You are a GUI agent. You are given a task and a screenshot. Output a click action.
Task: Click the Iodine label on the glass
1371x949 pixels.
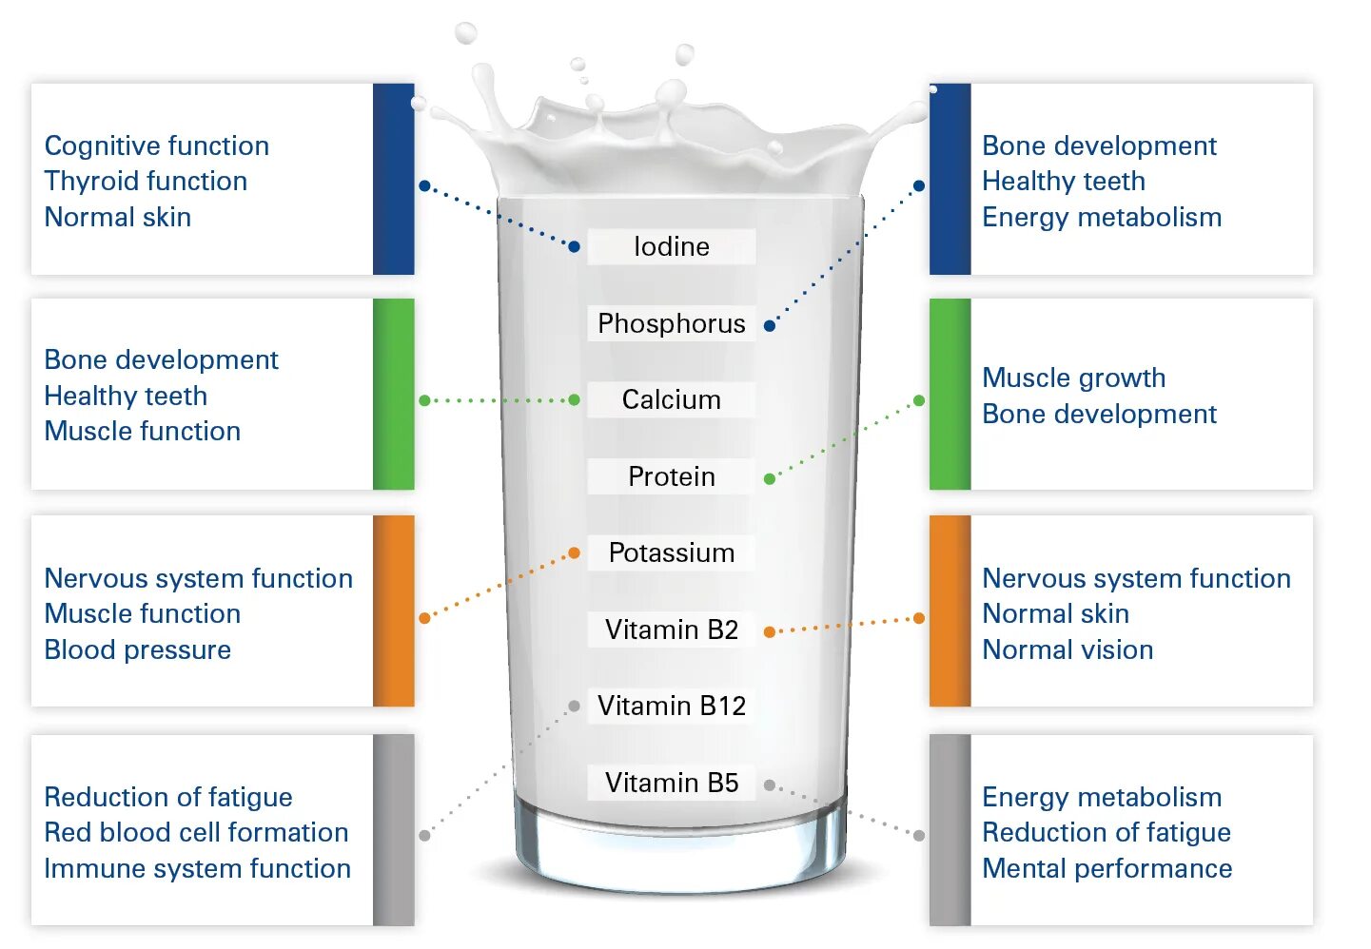click(671, 246)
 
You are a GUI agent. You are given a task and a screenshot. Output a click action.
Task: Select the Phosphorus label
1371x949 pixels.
click(671, 323)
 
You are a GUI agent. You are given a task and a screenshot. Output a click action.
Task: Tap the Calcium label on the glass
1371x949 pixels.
click(671, 399)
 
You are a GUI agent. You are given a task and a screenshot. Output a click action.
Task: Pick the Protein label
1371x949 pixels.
click(671, 476)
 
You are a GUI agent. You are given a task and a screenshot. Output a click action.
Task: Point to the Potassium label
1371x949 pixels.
click(671, 552)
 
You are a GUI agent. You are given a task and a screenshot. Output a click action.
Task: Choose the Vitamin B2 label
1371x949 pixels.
click(671, 629)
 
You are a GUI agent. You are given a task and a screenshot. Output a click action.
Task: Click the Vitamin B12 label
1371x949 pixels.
click(671, 706)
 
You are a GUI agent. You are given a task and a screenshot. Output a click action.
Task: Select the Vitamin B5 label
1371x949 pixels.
click(671, 783)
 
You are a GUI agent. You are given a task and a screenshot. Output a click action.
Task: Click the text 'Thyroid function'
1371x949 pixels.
click(146, 181)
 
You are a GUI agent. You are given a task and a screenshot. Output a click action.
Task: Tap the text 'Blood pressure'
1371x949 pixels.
click(137, 649)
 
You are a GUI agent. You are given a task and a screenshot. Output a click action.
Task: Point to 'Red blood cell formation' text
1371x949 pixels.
click(196, 832)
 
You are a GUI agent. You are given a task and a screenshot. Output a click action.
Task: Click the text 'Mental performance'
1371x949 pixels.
click(1107, 868)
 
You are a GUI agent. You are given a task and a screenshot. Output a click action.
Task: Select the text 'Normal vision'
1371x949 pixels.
click(1067, 649)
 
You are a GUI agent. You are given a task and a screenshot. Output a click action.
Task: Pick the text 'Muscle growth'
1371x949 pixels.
click(1073, 378)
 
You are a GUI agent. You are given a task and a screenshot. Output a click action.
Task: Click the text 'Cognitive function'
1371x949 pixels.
click(156, 145)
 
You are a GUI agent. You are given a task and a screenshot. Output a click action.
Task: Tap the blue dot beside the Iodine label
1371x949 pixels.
click(574, 246)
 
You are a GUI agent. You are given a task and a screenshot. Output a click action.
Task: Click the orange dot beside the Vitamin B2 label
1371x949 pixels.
click(769, 631)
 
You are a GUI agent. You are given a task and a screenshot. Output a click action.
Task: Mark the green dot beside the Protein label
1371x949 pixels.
click(769, 478)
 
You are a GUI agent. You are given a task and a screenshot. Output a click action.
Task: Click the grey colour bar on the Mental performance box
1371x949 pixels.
click(950, 829)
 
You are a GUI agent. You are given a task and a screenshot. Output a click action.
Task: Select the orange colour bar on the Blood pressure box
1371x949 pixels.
click(393, 610)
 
